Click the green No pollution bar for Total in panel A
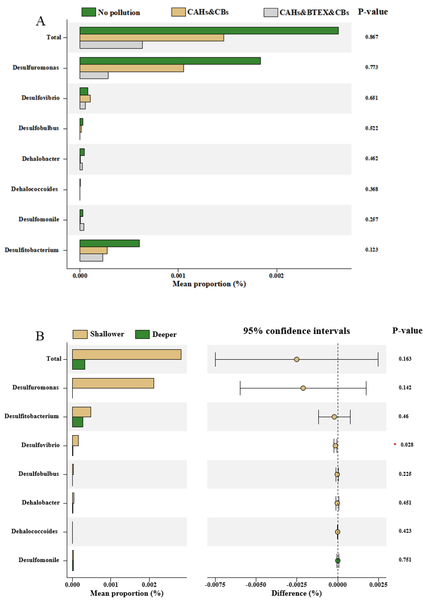coord(209,31)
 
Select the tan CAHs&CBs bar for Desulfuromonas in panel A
coord(132,68)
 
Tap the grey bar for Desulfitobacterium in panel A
coord(91,258)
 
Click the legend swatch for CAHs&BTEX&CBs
coord(271,12)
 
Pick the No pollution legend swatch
coord(89,12)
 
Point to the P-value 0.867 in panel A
coord(372,37)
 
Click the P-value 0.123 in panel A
coord(372,250)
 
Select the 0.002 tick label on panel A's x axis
coord(276,276)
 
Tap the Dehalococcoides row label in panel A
coord(34,189)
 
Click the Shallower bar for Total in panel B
coord(126,354)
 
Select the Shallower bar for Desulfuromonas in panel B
coord(113,383)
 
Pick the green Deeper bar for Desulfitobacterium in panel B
coord(78,422)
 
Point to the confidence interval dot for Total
coord(297,359)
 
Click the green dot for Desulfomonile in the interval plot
coord(338,560)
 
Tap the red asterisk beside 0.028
coord(395,444)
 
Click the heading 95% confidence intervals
coord(296,331)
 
